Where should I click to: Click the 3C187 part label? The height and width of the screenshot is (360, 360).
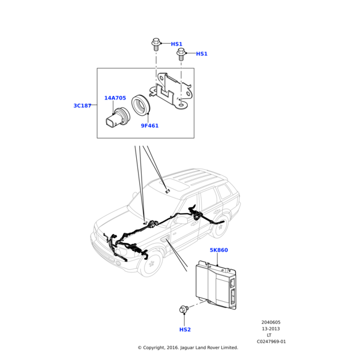[x=82, y=106]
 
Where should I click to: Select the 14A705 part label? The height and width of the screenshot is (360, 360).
[x=115, y=98]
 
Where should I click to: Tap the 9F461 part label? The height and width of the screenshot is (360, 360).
[x=149, y=126]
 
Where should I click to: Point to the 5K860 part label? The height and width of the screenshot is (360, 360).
[x=218, y=250]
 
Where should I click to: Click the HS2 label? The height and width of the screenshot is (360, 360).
[x=185, y=329]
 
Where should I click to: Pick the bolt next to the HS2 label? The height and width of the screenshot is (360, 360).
[x=184, y=310]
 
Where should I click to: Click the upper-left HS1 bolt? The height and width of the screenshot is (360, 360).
[x=156, y=43]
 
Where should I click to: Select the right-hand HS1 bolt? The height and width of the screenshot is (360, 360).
[x=181, y=53]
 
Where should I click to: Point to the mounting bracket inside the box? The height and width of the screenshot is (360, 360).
[x=172, y=91]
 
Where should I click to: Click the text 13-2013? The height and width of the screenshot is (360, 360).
[x=271, y=329]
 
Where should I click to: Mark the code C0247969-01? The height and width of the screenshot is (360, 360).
[x=271, y=341]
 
